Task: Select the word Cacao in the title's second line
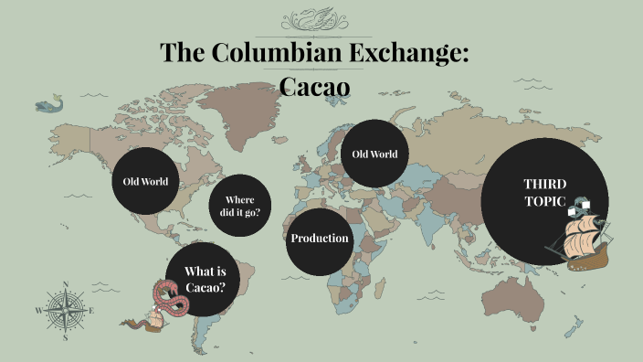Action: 314,86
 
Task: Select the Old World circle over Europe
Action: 374,154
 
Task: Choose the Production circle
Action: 320,239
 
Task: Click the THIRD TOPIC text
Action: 539,192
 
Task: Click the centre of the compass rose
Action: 65,310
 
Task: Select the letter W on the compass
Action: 38,311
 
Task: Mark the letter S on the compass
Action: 65,336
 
